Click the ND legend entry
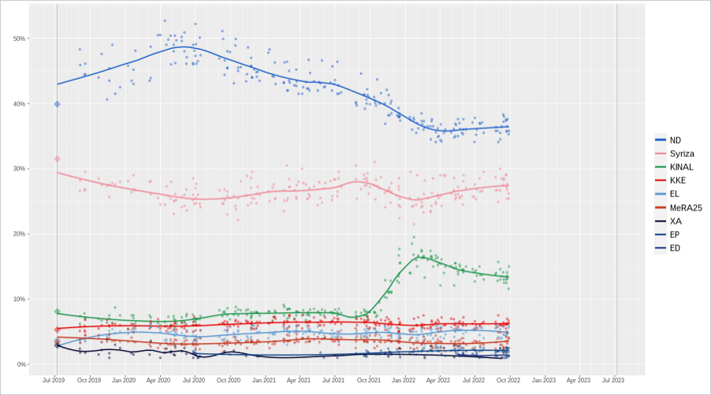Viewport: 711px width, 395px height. point(675,140)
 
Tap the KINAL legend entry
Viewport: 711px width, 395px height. point(679,167)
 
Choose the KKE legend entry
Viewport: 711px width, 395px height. point(676,181)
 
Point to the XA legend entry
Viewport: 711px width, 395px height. point(675,221)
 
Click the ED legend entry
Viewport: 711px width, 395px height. point(675,248)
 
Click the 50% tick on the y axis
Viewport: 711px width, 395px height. point(19,39)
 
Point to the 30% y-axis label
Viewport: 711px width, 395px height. point(19,169)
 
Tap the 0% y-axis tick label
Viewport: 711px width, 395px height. point(20,364)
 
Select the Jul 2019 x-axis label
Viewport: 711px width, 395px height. point(54,380)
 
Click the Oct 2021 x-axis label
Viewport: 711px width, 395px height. point(369,380)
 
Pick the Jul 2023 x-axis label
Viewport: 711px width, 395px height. point(613,380)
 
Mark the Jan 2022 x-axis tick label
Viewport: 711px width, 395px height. point(404,380)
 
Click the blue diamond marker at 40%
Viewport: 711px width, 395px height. point(57,104)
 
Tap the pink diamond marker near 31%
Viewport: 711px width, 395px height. point(57,159)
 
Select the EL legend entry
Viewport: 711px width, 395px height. point(675,194)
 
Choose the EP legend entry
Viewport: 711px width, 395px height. point(675,235)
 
